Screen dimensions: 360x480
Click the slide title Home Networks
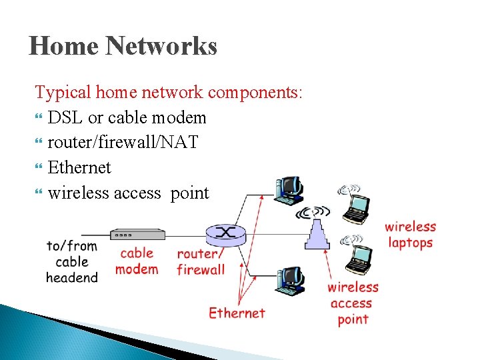[x=123, y=47]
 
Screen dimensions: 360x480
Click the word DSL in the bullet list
[x=65, y=118]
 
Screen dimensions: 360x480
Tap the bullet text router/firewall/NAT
[x=123, y=142]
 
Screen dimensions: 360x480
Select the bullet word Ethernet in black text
[x=79, y=167]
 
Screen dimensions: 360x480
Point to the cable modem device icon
[x=137, y=234]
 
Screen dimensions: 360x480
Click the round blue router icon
[x=227, y=233]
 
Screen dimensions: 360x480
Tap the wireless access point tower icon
[x=317, y=231]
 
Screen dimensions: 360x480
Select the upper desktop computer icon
[x=290, y=191]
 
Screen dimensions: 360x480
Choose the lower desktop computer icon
[x=290, y=281]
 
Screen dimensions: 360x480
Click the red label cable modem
[x=137, y=261]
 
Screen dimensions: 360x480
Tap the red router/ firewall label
[x=200, y=262]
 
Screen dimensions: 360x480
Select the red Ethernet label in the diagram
[x=237, y=313]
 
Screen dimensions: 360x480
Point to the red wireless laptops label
[x=410, y=235]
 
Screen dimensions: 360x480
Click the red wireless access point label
[x=353, y=303]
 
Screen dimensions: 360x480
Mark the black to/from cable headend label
[x=72, y=261]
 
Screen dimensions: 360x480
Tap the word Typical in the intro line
[x=63, y=92]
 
